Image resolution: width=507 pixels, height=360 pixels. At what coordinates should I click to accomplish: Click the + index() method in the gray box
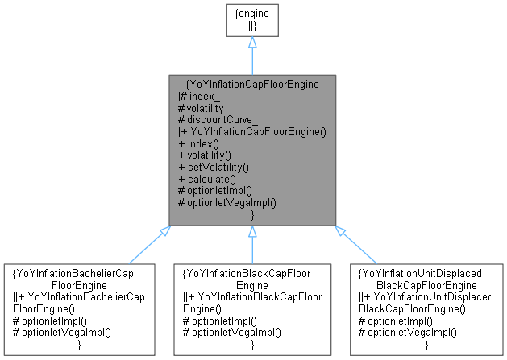tap(198, 143)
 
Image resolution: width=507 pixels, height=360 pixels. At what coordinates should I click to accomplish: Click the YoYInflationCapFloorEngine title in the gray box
tap(252, 82)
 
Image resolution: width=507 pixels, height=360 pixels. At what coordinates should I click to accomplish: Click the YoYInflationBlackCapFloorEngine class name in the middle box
tap(252, 278)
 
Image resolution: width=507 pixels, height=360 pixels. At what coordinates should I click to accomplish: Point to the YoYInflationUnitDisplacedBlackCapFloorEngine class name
tap(427, 278)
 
